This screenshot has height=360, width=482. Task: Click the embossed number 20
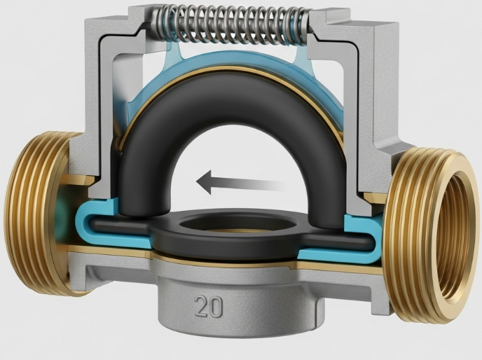tap(209, 306)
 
